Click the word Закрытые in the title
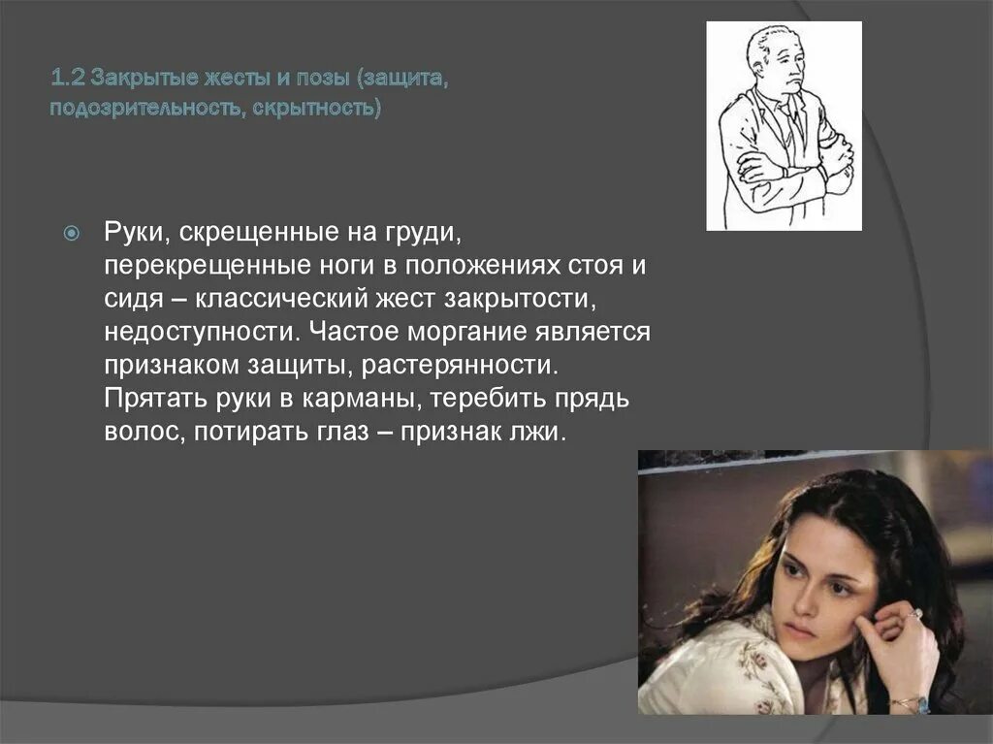click(x=129, y=77)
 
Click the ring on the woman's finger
click(x=913, y=613)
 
